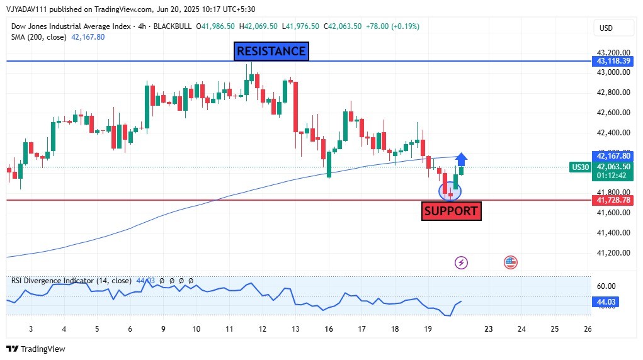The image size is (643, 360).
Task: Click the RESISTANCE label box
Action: tap(271, 52)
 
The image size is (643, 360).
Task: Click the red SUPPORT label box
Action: tap(451, 211)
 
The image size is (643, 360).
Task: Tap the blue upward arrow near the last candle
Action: tap(462, 159)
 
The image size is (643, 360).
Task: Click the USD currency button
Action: tap(606, 28)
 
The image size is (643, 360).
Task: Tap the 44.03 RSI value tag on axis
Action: tap(606, 302)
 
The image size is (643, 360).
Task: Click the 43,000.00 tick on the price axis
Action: tap(613, 72)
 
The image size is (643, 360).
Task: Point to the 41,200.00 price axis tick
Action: tap(613, 253)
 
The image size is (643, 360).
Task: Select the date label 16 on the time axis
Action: tap(329, 329)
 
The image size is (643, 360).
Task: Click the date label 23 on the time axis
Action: tap(489, 329)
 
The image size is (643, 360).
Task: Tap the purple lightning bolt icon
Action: tap(462, 262)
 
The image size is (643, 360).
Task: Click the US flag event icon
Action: tap(511, 262)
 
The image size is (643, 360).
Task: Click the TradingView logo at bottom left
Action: tap(36, 349)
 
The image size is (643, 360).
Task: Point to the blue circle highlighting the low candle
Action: tap(450, 190)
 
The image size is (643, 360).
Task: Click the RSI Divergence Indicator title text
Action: tap(71, 281)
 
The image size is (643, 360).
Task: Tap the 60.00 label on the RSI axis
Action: tap(606, 286)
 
